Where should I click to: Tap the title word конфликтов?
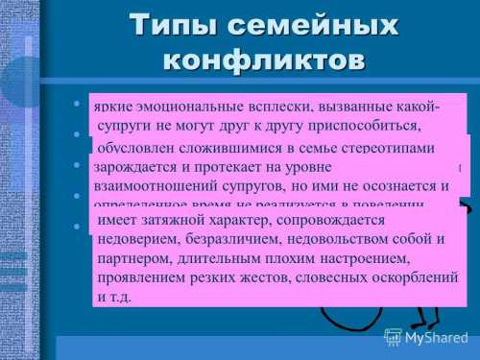pyautogui.click(x=265, y=59)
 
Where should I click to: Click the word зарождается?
pyautogui.click(x=137, y=167)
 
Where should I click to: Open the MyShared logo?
pyautogui.click(x=426, y=337)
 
